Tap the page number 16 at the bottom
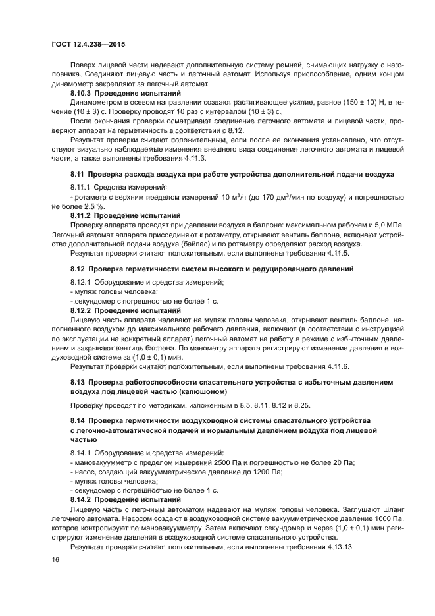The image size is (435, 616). [x=55, y=559]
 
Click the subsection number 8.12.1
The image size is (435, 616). [x=82, y=281]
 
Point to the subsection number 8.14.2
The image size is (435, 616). [x=83, y=500]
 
